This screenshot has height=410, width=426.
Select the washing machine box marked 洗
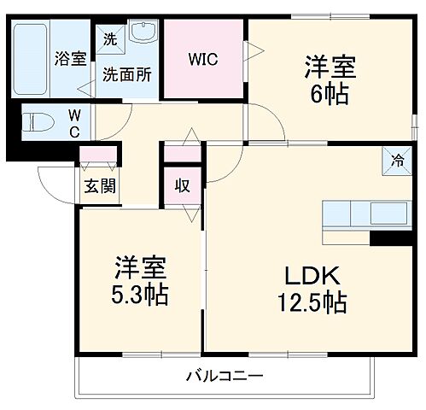click(x=110, y=38)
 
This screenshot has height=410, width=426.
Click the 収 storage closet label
click(x=183, y=185)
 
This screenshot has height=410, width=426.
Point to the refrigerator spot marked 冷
click(x=398, y=160)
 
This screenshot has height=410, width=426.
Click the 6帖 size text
click(x=330, y=93)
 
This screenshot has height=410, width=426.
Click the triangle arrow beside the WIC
click(x=252, y=51)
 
